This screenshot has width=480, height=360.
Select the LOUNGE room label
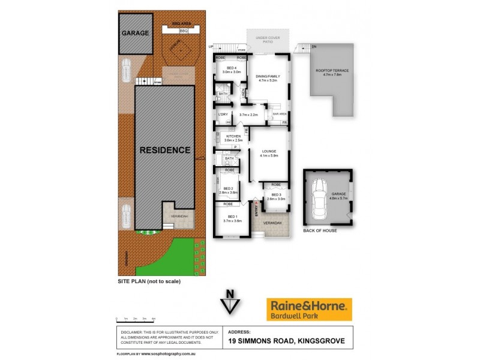coord(268,152)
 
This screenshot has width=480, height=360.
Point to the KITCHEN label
coord(233,137)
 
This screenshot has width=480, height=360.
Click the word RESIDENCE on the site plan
coord(165,150)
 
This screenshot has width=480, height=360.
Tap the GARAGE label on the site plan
coord(136,33)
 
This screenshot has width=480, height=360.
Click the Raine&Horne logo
coord(309,309)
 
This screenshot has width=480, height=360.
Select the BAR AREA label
coord(279,113)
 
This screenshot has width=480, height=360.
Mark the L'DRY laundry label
coord(222,114)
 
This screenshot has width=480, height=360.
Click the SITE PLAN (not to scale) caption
coord(148,281)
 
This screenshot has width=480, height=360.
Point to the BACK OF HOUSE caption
coord(320,230)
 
